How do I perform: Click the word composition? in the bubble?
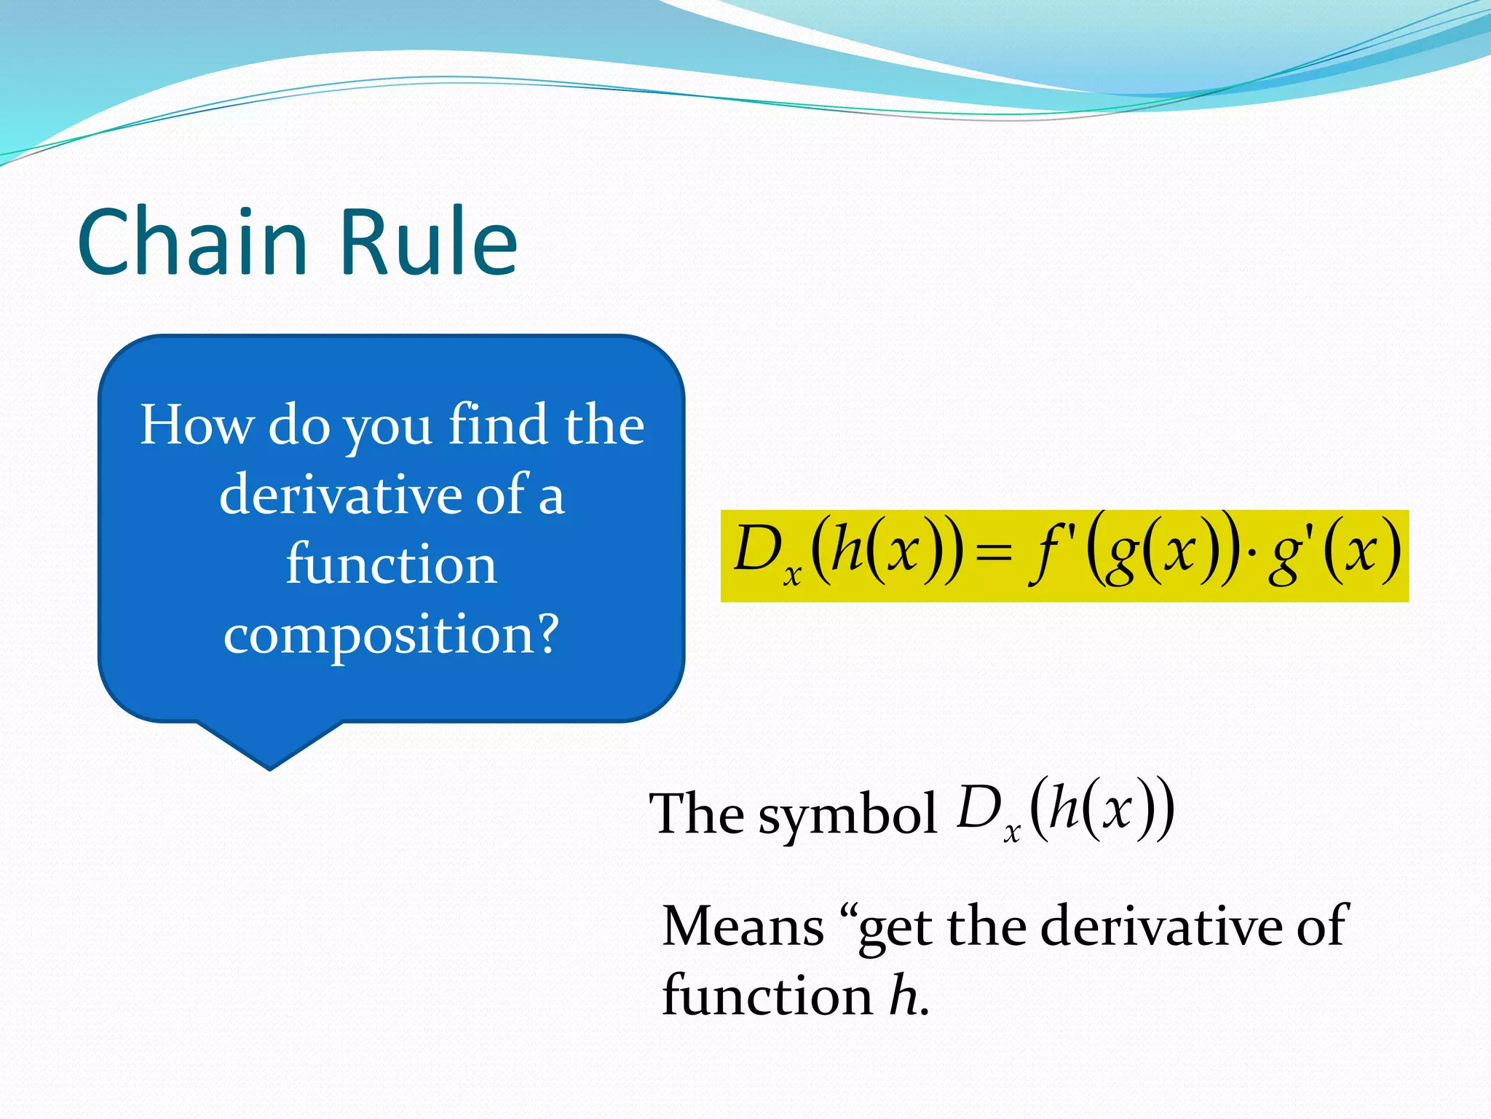click(392, 634)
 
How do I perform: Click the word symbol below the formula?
click(847, 814)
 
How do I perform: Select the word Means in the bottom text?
click(743, 927)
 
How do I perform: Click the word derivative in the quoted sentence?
click(1162, 927)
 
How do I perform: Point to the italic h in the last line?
click(904, 995)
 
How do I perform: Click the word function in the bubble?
click(392, 565)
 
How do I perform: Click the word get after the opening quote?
click(896, 930)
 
